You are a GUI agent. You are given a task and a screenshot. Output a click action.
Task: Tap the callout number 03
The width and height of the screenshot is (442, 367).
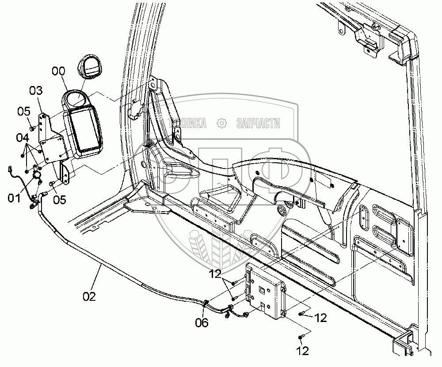point(36,91)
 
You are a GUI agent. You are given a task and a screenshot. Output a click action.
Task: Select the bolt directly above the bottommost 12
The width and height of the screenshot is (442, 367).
point(301,337)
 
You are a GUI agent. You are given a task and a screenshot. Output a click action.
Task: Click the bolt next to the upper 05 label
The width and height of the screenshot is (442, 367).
point(34,128)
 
